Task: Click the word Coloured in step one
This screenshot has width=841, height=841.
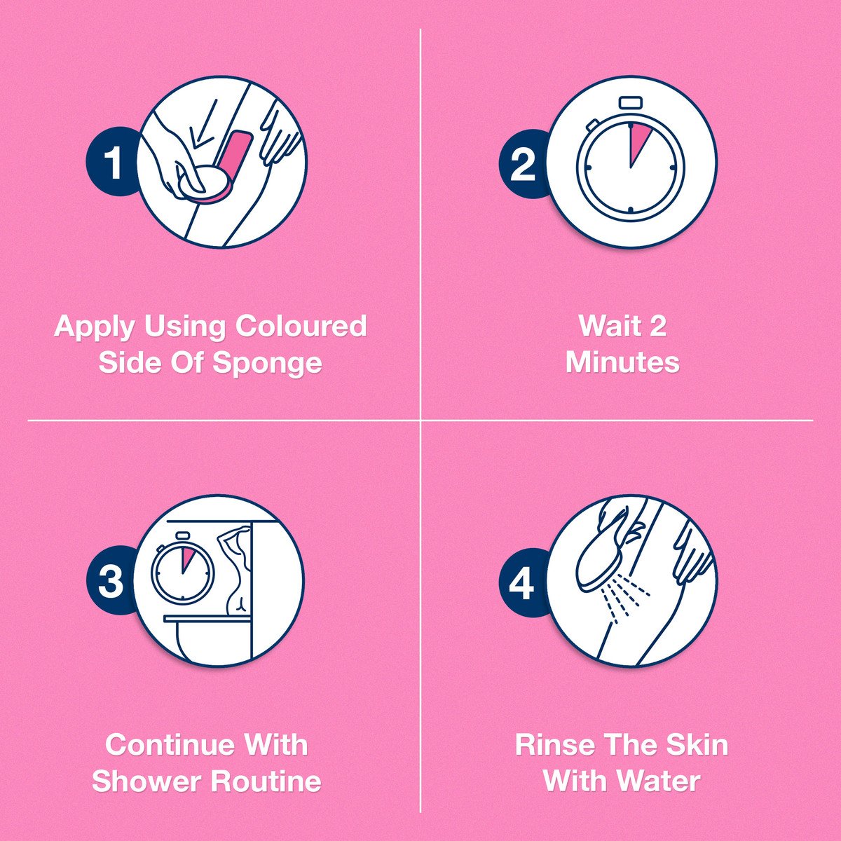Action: coord(301,327)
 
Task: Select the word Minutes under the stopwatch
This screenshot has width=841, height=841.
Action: coord(622,362)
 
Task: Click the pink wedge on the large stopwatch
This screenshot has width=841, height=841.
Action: coord(637,141)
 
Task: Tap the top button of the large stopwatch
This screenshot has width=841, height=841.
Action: coord(630,102)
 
